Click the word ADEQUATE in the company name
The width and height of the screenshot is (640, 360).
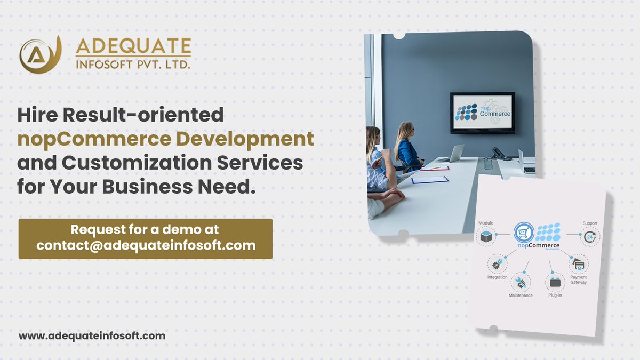133,46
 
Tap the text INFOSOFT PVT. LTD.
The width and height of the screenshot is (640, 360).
133,65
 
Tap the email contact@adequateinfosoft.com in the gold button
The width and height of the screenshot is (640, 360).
146,246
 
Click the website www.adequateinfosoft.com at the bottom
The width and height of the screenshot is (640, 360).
92,336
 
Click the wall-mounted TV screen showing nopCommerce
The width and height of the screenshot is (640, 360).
482,113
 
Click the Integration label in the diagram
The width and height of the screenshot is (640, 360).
497,277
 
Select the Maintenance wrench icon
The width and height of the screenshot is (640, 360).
521,281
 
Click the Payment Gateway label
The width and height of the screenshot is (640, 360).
578,279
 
